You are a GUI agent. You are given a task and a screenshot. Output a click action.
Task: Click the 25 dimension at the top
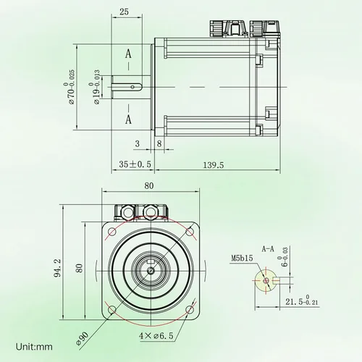click(124, 12)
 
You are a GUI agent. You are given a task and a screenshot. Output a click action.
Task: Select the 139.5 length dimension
click(213, 165)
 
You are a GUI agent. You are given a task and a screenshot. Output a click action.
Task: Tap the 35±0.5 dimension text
click(135, 165)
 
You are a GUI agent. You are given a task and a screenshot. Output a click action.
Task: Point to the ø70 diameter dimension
click(70, 86)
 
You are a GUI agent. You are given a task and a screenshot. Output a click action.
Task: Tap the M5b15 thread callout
click(241, 257)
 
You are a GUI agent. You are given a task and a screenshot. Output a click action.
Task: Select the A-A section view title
click(267, 248)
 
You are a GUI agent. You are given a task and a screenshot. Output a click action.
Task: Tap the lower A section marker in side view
click(128, 118)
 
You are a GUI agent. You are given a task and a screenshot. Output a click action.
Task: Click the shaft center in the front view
click(151, 271)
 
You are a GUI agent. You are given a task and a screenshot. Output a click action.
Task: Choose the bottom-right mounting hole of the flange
click(190, 310)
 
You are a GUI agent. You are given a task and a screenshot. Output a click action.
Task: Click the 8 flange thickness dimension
click(159, 144)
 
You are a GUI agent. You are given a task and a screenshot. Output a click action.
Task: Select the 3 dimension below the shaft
click(138, 144)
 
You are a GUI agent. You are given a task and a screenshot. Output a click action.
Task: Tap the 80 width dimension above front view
click(149, 185)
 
